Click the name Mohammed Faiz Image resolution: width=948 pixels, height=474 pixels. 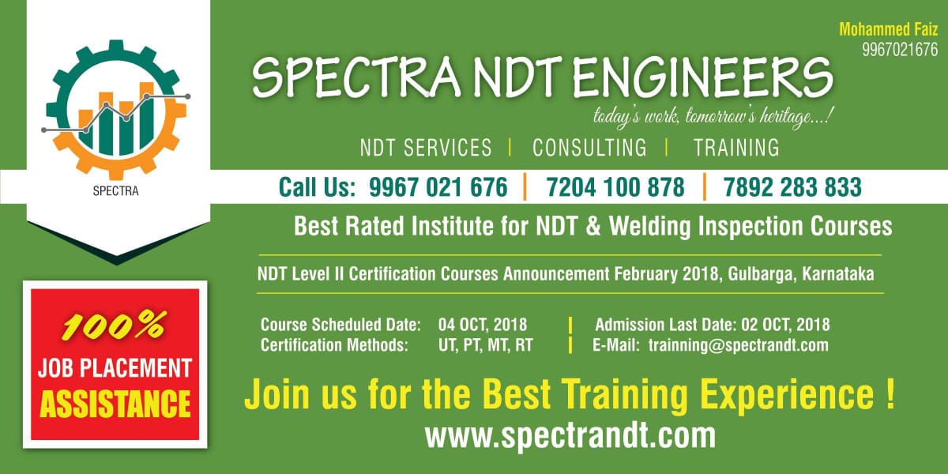coord(889,29)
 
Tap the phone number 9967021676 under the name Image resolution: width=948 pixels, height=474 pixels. coord(900,50)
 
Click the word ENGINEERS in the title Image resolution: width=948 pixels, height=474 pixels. coord(702,77)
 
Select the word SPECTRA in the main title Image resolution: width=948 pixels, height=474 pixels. coord(355,77)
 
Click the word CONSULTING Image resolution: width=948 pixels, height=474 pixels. coord(589,148)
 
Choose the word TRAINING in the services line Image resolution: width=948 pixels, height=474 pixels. coord(736,148)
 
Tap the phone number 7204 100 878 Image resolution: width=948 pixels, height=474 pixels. coord(615,187)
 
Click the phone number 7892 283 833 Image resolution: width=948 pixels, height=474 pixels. coord(792,187)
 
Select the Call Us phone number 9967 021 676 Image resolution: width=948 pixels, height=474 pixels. coord(438,187)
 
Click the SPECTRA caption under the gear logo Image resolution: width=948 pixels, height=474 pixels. coord(115,191)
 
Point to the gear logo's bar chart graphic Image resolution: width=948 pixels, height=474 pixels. coord(115,119)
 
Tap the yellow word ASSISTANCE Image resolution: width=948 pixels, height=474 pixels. coord(115,404)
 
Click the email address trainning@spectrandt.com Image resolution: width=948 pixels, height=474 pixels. coord(739,345)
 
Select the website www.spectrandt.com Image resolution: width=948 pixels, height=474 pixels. coord(570,435)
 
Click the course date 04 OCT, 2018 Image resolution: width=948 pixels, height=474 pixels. coord(483,325)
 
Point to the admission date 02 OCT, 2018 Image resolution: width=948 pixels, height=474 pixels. coord(785,325)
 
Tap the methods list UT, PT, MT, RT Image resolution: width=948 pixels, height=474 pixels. coord(485,345)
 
